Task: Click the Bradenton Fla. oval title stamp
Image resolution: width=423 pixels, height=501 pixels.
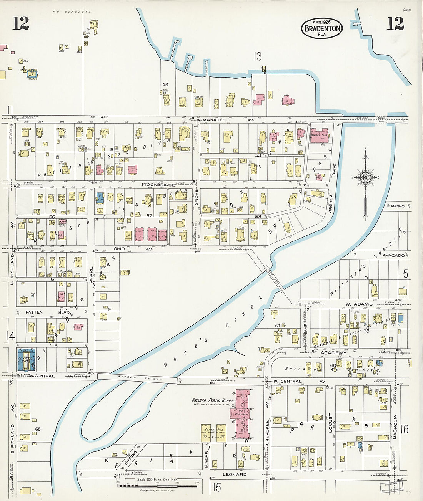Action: [322, 28]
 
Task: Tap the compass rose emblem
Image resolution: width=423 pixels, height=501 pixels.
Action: [365, 177]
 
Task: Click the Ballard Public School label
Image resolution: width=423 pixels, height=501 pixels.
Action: [213, 400]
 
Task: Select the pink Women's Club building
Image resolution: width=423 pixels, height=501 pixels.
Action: [320, 136]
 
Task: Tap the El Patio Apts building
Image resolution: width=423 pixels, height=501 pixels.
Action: [26, 359]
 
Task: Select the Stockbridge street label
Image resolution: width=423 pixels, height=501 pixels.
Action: [158, 185]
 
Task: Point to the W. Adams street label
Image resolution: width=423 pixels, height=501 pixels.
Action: [359, 304]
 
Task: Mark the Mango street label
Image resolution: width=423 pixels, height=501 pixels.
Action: [398, 206]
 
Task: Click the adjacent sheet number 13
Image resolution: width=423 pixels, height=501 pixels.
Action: [257, 57]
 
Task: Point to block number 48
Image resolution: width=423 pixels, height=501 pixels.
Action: [165, 84]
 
